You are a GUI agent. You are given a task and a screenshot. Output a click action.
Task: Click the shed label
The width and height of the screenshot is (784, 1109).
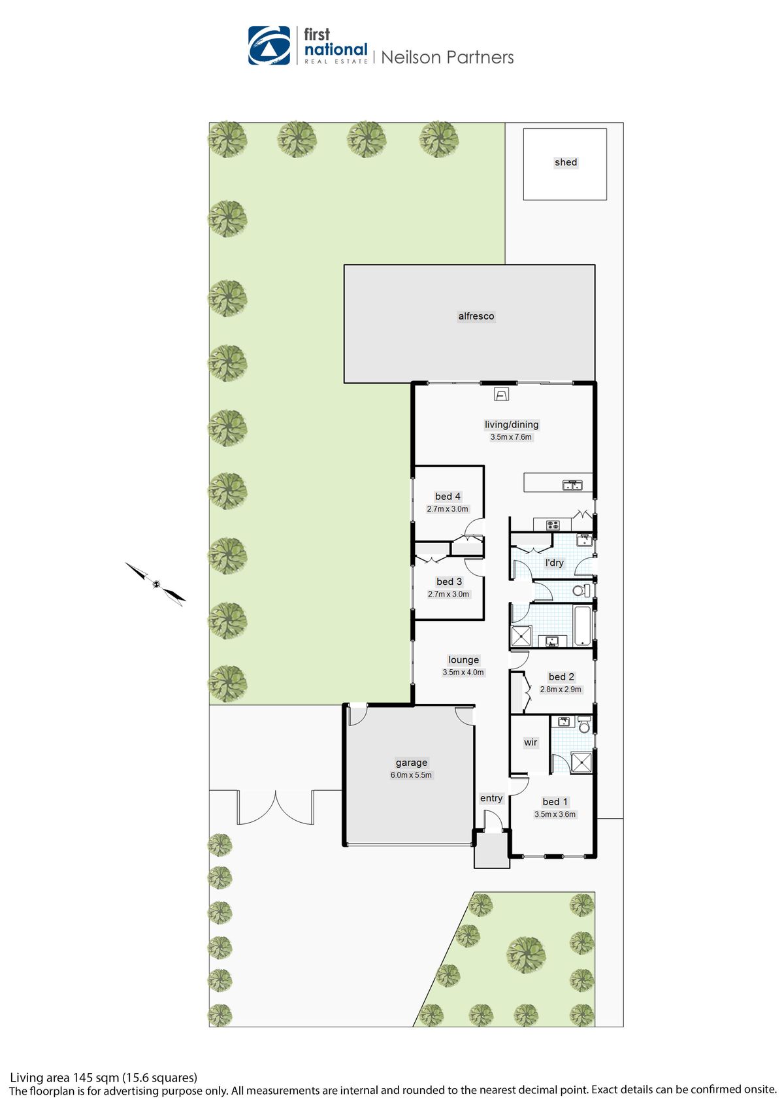pos(566,162)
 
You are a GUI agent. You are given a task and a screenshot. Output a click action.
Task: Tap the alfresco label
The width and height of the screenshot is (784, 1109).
pos(476,316)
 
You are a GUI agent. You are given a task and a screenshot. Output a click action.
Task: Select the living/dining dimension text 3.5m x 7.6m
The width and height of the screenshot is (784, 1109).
pos(511,437)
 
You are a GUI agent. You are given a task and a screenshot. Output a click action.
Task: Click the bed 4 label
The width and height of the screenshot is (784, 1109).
pos(448,497)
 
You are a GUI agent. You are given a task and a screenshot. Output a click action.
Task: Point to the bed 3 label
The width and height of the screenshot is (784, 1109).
pos(449,582)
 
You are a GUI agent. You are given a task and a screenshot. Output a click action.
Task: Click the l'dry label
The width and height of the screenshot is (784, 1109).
pos(554,563)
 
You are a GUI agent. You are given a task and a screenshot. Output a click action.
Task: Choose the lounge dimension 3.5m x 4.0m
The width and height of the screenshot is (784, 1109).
pos(463,672)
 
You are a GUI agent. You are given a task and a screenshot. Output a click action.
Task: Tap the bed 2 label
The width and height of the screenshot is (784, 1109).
pos(561,677)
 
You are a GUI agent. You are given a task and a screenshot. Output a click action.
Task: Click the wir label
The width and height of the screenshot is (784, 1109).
pos(531,742)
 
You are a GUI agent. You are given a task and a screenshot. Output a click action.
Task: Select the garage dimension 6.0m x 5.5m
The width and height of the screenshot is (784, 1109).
pos(411,775)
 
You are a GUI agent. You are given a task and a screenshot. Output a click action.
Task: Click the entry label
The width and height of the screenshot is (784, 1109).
pos(491,798)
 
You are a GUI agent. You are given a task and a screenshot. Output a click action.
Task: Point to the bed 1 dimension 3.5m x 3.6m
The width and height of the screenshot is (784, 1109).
pos(555,814)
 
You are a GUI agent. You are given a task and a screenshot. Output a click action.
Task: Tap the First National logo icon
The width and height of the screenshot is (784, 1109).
pos(269,46)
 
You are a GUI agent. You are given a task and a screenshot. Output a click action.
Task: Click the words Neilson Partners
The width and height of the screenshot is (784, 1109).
pos(448,58)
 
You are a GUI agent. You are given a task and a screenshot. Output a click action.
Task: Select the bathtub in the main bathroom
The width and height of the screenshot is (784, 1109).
pos(582,625)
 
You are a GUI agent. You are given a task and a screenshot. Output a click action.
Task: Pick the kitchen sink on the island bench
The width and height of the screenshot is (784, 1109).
pos(572,485)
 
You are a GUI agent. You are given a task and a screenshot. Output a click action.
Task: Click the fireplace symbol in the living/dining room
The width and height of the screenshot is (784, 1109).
pos(501,394)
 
